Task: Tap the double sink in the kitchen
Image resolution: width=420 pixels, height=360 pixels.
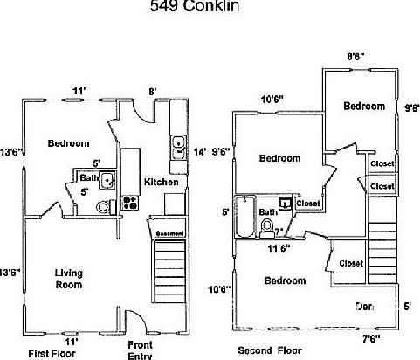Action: coord(178,146)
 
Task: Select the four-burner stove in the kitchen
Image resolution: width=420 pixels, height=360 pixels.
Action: coord(131,203)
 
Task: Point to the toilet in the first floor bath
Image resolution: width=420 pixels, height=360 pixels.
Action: coord(103,206)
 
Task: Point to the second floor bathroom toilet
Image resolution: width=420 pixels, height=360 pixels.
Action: coord(267,228)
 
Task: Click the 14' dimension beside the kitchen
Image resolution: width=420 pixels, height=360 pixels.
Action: coord(199,150)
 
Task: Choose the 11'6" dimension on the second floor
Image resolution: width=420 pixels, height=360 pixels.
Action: coord(278,247)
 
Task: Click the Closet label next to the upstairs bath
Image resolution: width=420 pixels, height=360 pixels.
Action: coord(307,204)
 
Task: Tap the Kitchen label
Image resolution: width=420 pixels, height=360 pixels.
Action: coord(162,182)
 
